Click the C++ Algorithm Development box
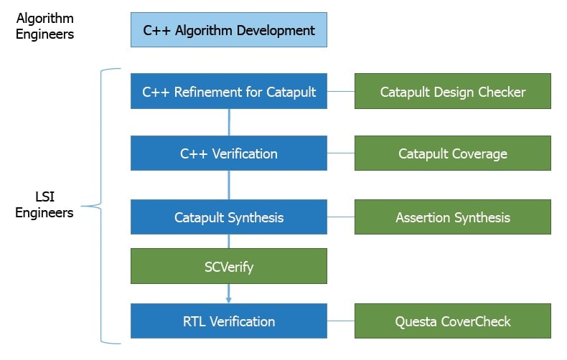pos(229,30)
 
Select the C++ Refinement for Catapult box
pos(229,91)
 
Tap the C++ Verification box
pos(229,153)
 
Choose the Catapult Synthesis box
pos(229,217)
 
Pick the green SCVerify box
pos(229,266)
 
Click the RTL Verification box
pos(229,321)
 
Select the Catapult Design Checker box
pos(453,91)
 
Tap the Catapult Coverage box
pos(453,153)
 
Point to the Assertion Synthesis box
pos(453,217)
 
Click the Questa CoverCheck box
pos(453,321)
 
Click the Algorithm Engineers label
pos(44,26)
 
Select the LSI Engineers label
pos(44,204)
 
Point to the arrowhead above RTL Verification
pos(228,300)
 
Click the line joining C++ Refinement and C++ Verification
pos(229,122)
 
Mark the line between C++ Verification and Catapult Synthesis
pos(229,185)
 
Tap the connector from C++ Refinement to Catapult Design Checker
pos(341,91)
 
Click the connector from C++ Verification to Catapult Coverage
pos(341,153)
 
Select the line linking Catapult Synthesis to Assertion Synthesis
pos(341,217)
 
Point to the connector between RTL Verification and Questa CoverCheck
pos(341,321)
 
